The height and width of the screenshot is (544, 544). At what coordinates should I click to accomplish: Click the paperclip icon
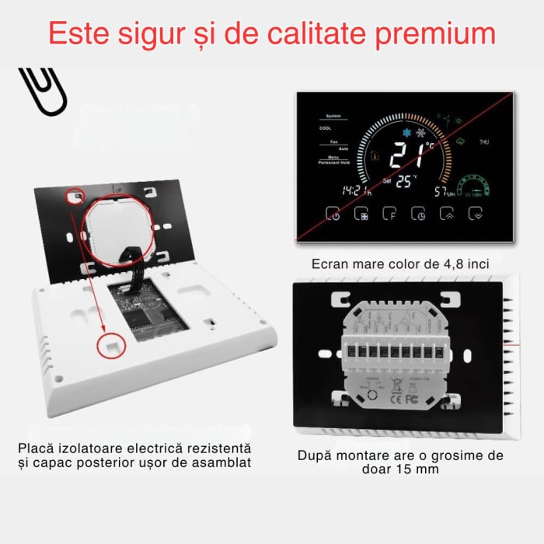click(x=43, y=91)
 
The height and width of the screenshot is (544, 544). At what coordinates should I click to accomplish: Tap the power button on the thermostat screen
click(x=332, y=213)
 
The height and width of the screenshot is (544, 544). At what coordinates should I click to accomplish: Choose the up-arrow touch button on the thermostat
click(x=447, y=213)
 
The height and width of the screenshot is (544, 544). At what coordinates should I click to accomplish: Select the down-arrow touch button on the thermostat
click(x=476, y=213)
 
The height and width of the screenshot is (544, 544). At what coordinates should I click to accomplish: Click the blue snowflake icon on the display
click(x=405, y=133)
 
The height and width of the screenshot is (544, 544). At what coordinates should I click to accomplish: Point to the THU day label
click(x=484, y=142)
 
